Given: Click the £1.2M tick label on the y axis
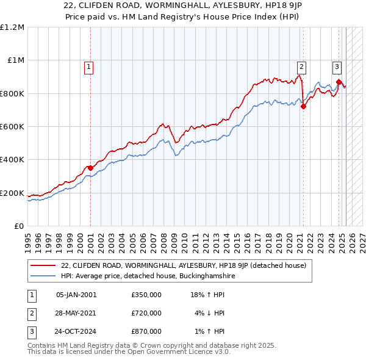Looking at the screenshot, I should pos(12,27).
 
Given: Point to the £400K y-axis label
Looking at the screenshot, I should pos(12,160).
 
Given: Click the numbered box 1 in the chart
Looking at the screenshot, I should pos(89,67).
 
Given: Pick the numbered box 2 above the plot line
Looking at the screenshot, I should pos(301,67).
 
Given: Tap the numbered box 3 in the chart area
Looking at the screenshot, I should pos(337,67).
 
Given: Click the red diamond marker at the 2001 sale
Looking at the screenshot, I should pos(90,168).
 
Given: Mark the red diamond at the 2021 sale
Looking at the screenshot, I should pos(303,106).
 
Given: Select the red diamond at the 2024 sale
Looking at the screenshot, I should pos(339,82).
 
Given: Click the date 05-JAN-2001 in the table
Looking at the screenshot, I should pos(76,295).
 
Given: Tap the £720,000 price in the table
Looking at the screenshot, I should pos(146,313).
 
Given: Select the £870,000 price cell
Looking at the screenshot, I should pos(146,332).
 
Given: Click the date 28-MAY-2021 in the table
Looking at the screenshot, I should pos(76,313).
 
